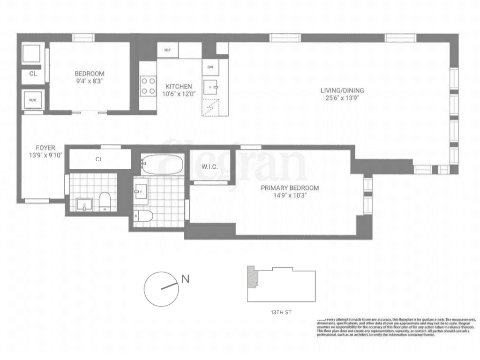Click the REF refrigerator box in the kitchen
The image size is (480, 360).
[x=167, y=50]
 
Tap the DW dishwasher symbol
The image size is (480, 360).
[x=210, y=67]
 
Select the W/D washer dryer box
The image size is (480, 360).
[x=33, y=100]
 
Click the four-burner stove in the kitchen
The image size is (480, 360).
[x=148, y=86]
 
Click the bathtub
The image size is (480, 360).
[x=162, y=164]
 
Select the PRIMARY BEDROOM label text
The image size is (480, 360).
[x=290, y=188]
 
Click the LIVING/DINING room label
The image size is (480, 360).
[x=342, y=90]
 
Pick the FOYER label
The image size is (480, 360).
[x=45, y=148]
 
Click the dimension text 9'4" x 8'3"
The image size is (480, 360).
[x=89, y=81]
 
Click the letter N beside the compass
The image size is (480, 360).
[x=186, y=279]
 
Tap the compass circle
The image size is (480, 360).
[x=161, y=289]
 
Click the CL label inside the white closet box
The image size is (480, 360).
[x=99, y=159]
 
